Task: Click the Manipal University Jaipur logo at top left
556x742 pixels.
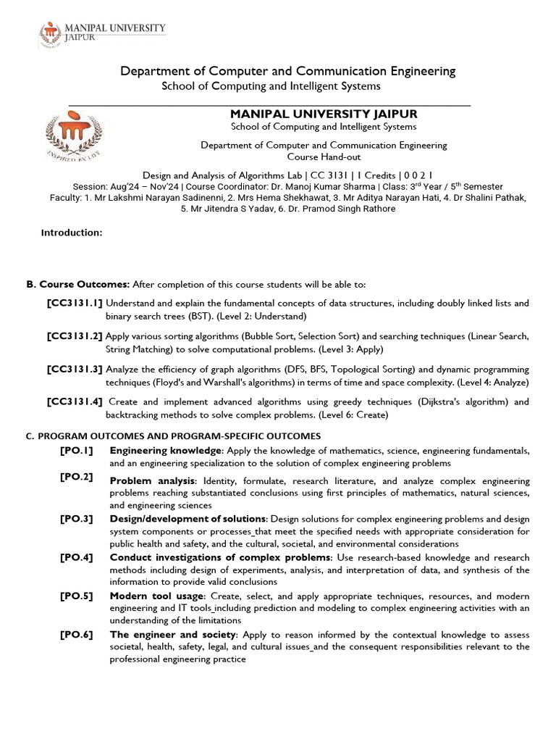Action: [101, 33]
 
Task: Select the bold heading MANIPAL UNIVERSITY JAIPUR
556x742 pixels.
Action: [323, 114]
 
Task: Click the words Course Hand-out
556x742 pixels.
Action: [324, 157]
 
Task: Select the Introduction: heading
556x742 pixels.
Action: [72, 233]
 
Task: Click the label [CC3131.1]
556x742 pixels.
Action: [75, 303]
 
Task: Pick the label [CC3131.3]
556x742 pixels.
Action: [75, 370]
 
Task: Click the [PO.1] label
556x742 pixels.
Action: [76, 451]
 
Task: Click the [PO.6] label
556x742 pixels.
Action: [76, 635]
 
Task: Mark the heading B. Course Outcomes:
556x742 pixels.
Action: [77, 283]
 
